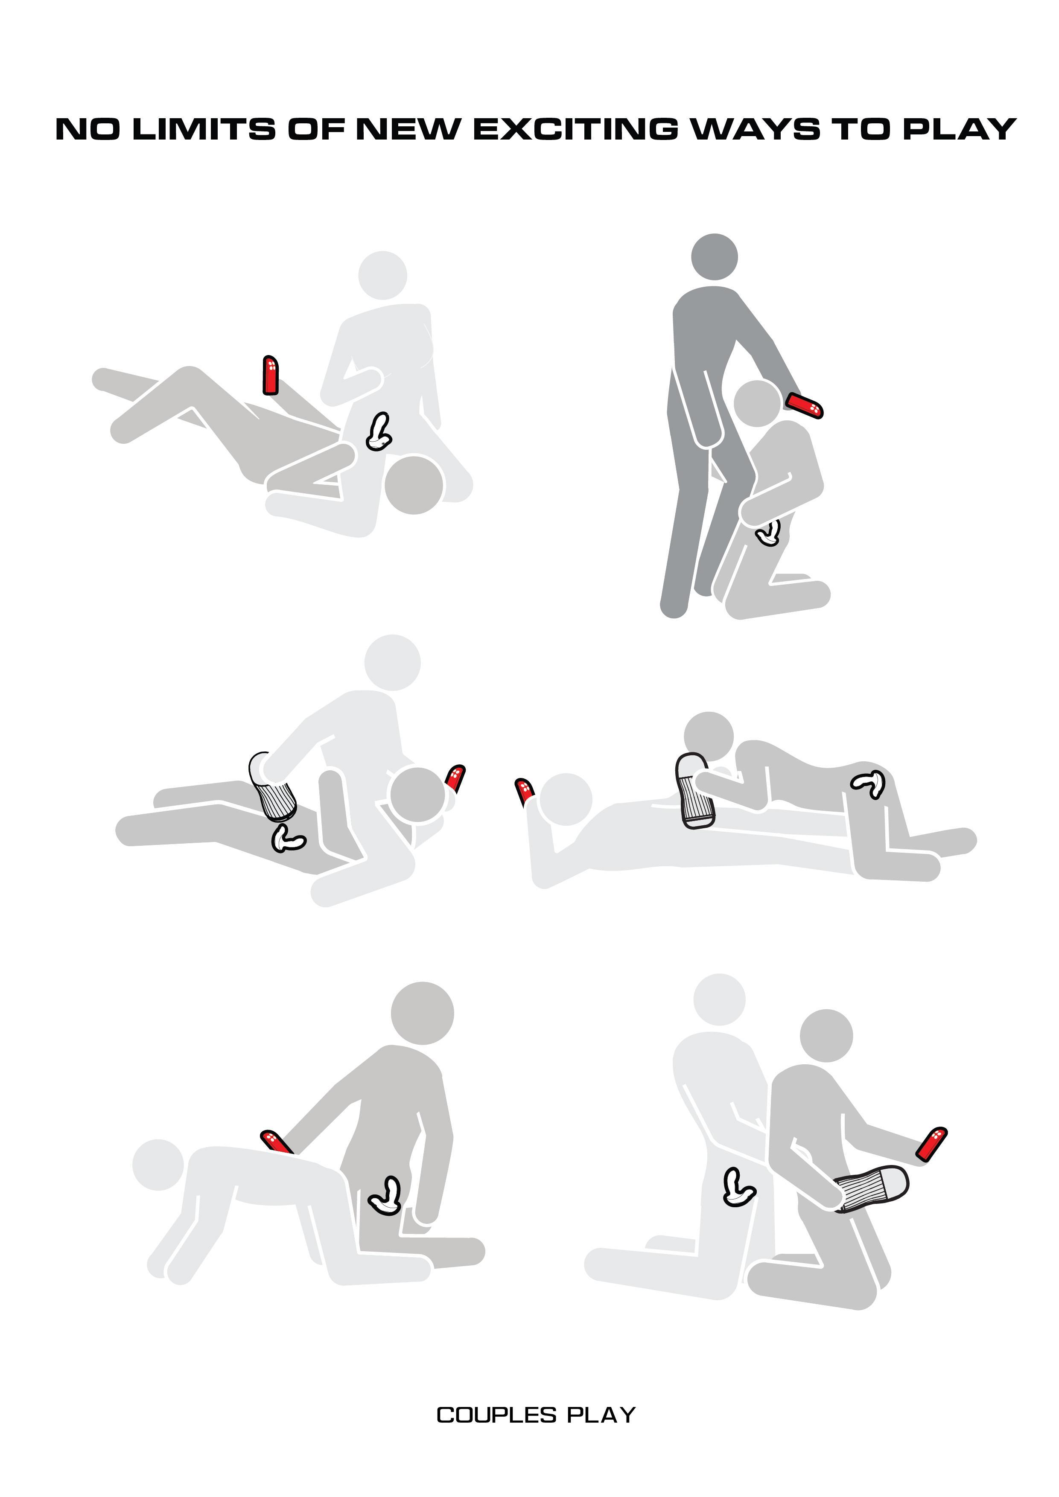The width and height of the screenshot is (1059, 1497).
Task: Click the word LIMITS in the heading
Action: pos(204,129)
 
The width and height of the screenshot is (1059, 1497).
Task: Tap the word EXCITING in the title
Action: pos(575,129)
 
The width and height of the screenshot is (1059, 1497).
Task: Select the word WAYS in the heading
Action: pos(756,129)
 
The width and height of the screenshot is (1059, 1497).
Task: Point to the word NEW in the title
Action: pos(408,129)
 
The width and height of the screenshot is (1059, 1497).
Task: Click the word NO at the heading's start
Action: pos(88,129)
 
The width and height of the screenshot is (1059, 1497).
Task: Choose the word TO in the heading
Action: pos(862,129)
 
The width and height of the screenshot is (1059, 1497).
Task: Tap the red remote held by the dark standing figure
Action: pos(805,405)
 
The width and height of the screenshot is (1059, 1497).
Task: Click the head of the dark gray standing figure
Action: pos(714,256)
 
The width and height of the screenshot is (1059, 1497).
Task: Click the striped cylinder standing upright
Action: pos(694,791)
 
